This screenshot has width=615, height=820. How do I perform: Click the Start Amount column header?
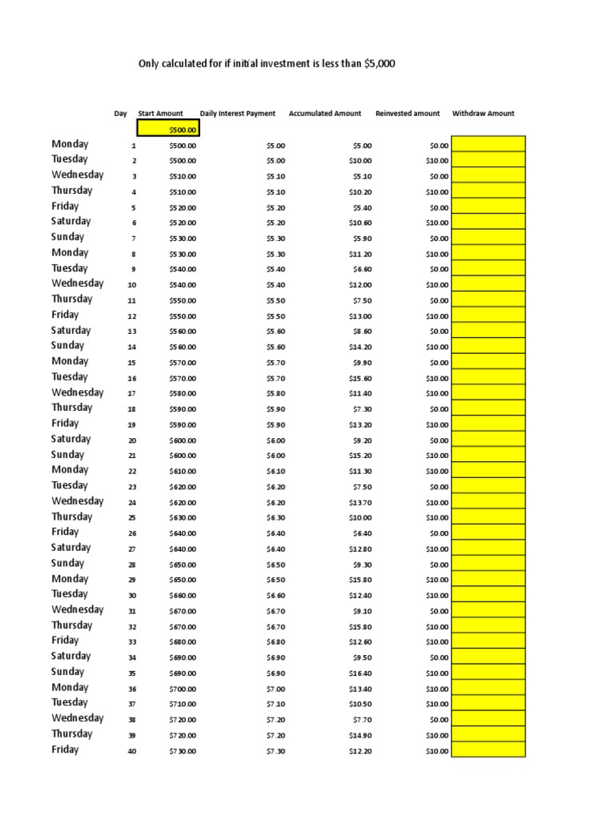[160, 114]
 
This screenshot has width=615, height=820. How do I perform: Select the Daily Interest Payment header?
[237, 114]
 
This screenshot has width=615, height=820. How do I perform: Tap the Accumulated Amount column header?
[324, 114]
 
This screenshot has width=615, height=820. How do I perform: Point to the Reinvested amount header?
[407, 114]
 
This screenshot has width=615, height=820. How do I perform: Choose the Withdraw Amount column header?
[483, 114]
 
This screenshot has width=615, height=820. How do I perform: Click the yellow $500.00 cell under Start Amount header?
[168, 130]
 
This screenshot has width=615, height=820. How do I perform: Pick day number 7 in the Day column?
[134, 239]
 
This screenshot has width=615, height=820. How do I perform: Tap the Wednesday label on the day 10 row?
[78, 283]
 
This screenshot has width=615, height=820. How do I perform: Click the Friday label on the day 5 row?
[65, 206]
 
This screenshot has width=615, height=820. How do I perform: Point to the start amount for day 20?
[183, 440]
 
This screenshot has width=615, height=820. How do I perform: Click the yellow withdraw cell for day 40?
[488, 750]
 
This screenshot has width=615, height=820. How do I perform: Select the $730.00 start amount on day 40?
[183, 751]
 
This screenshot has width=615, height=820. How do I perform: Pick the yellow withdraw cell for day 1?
[488, 144]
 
